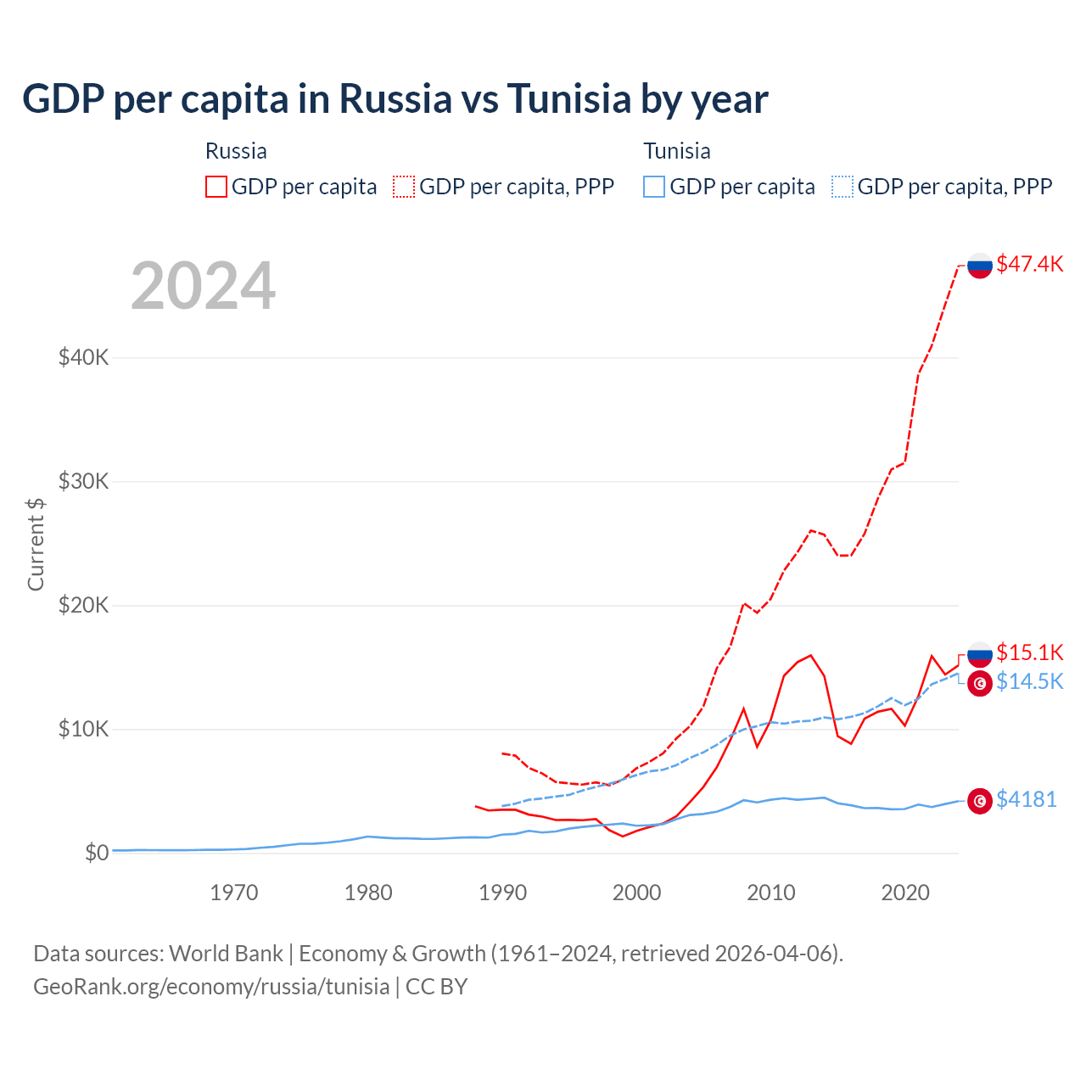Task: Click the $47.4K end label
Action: pyautogui.click(x=1029, y=264)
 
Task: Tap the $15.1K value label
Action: pyautogui.click(x=1029, y=652)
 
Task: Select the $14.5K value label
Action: pyautogui.click(x=1029, y=681)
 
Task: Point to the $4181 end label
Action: pyautogui.click(x=1026, y=799)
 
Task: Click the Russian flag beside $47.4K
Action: pyautogui.click(x=980, y=265)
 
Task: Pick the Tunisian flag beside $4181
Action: pyautogui.click(x=980, y=801)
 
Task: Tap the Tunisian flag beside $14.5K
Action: pyautogui.click(x=980, y=683)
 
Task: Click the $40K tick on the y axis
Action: pyautogui.click(x=83, y=357)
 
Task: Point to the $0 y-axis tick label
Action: pyautogui.click(x=97, y=853)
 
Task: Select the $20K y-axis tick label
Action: pyautogui.click(x=83, y=605)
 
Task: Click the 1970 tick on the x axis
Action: pyautogui.click(x=234, y=893)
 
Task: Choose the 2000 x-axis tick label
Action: pyautogui.click(x=636, y=893)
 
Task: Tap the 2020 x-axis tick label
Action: pyautogui.click(x=905, y=893)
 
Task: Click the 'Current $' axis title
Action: pyautogui.click(x=36, y=544)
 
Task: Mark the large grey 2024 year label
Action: pyautogui.click(x=203, y=286)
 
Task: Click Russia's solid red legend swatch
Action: pyautogui.click(x=216, y=187)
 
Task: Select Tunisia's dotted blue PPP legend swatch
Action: pyautogui.click(x=842, y=187)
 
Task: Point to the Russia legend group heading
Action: pyautogui.click(x=236, y=151)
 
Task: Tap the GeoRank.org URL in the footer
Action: pyautogui.click(x=211, y=987)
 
